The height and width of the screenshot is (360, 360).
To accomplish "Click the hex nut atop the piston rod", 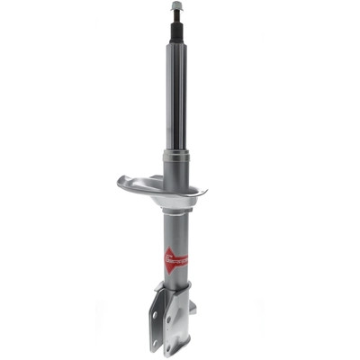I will pyautogui.click(x=176, y=6).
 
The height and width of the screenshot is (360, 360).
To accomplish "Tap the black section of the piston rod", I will pyautogui.click(x=176, y=31).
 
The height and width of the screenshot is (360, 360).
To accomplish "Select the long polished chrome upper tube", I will pyautogui.click(x=176, y=99).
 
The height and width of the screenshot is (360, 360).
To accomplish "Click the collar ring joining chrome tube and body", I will pyautogui.click(x=176, y=155).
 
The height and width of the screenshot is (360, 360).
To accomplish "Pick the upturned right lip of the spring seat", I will pyautogui.click(x=203, y=191).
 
